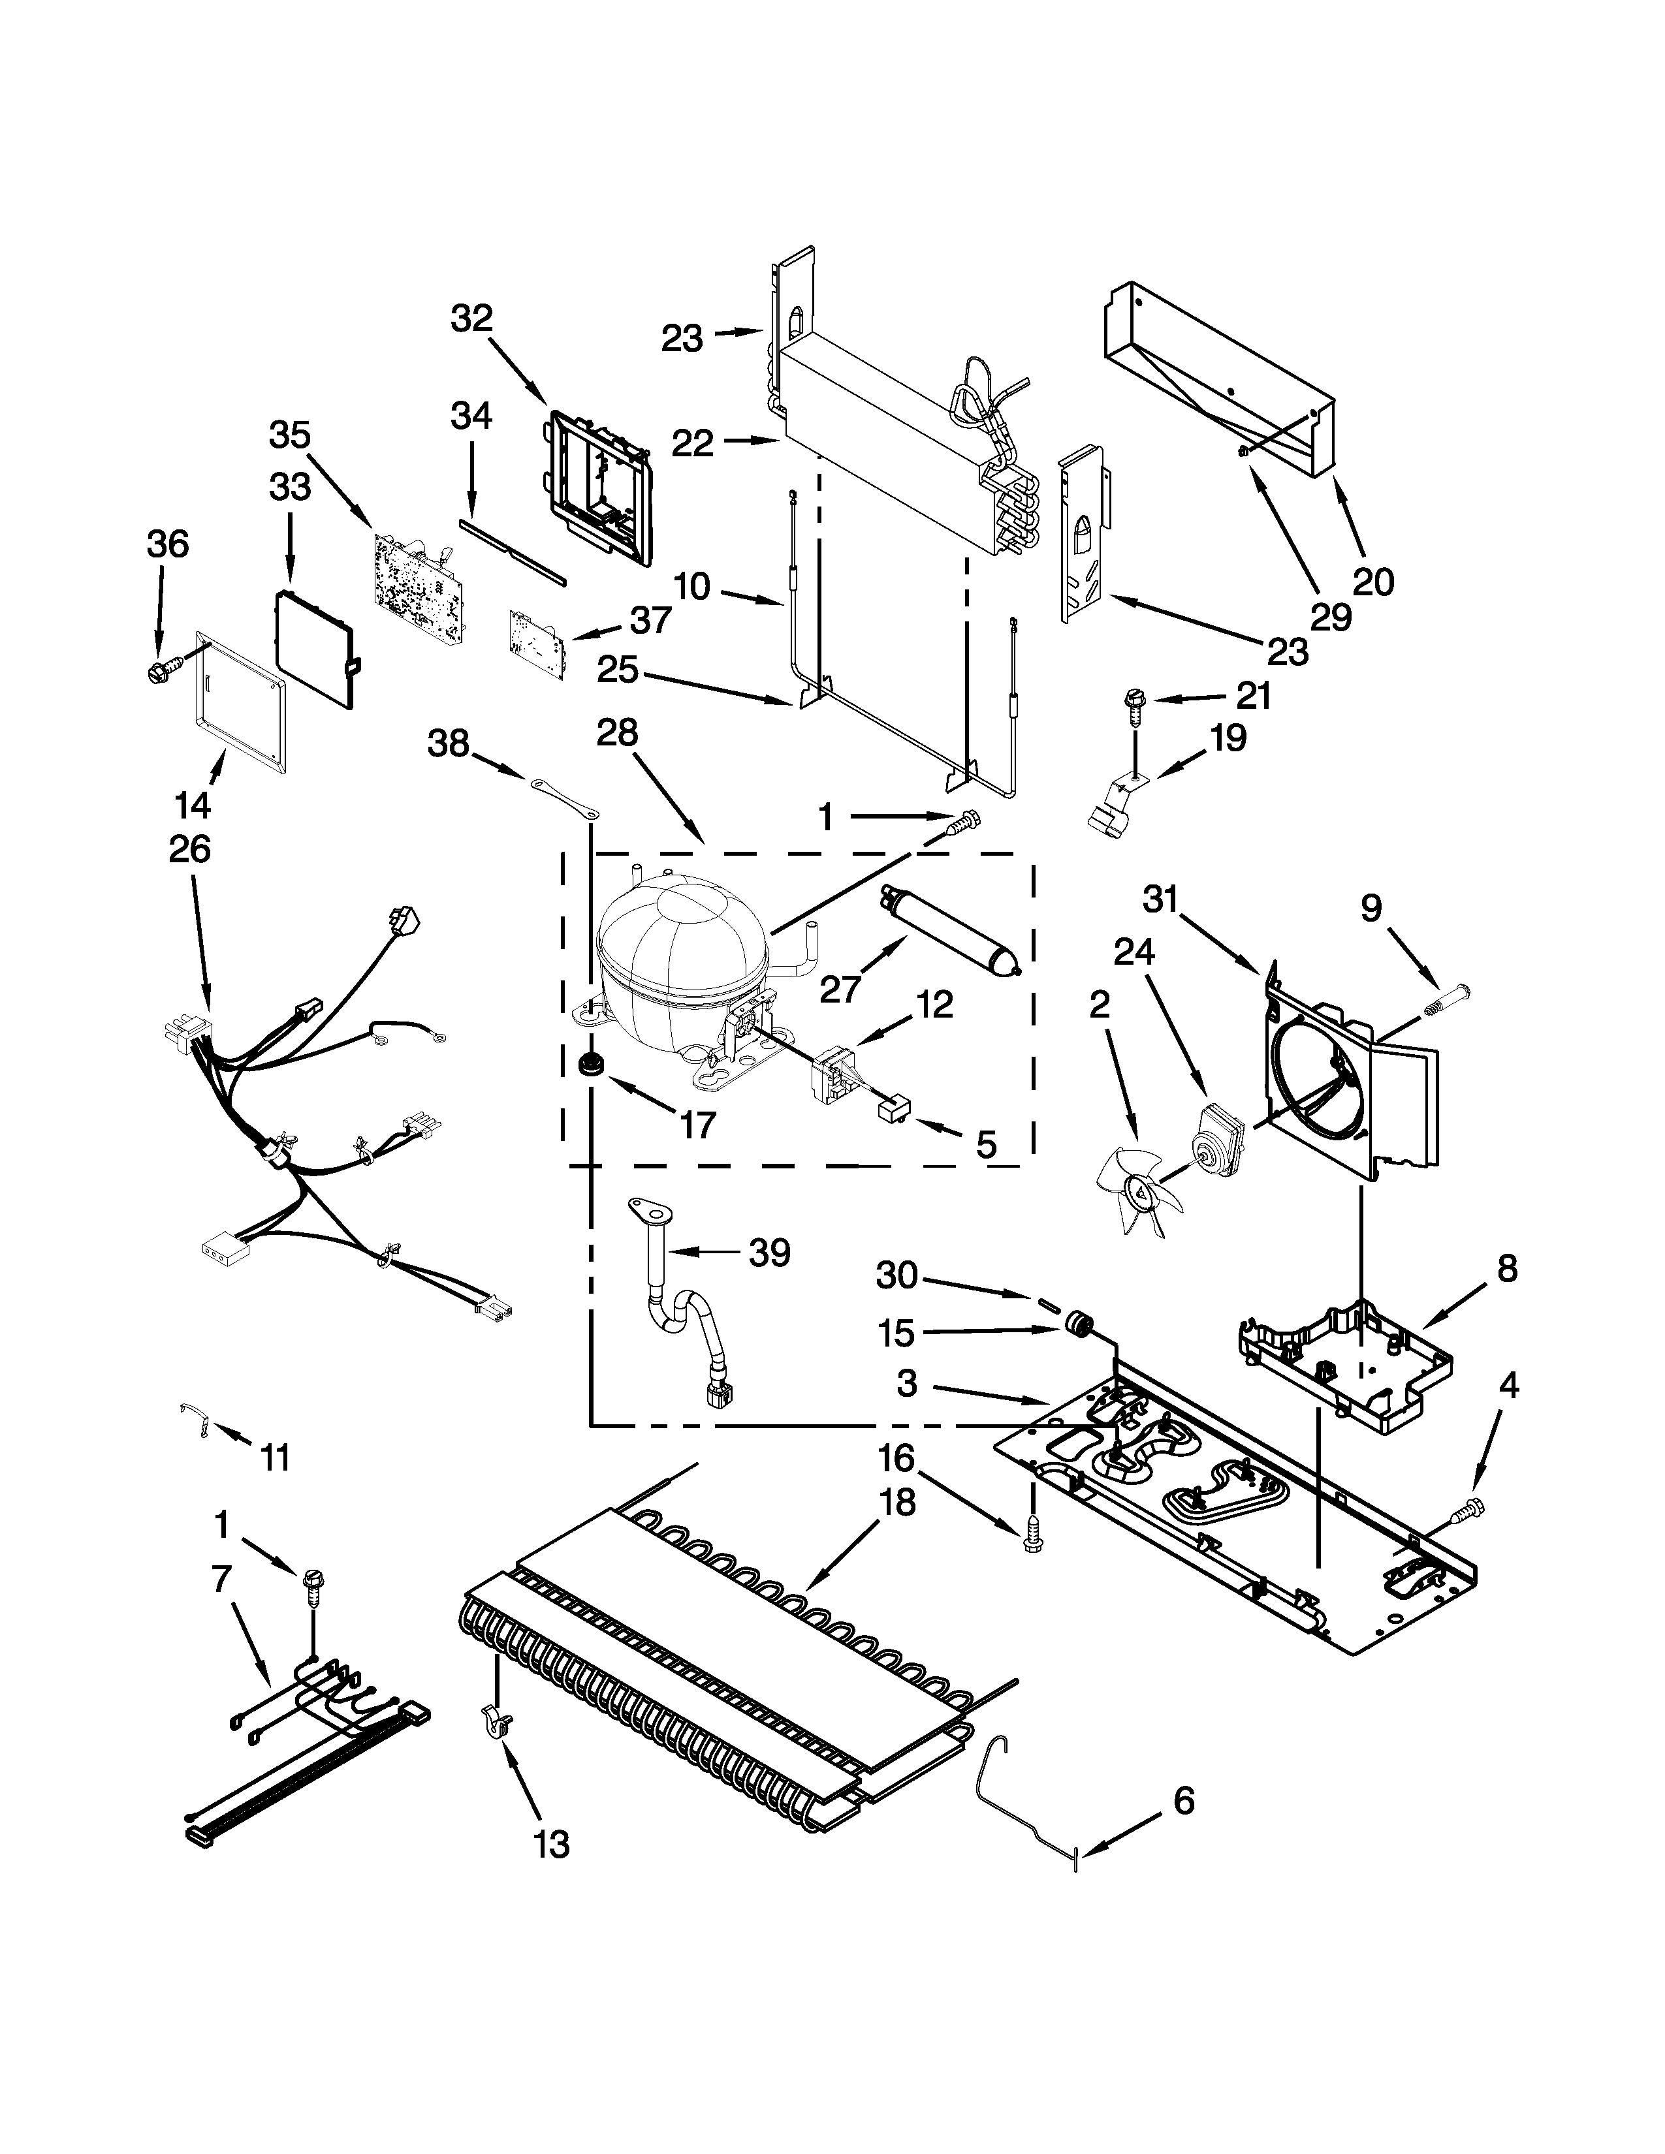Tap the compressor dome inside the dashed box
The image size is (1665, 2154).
(680, 947)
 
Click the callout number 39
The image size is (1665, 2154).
(769, 1253)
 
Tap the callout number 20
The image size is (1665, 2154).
(1373, 582)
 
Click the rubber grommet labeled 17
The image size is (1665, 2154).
(592, 1064)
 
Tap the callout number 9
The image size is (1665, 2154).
(1372, 909)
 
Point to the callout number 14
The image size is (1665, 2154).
(193, 805)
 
